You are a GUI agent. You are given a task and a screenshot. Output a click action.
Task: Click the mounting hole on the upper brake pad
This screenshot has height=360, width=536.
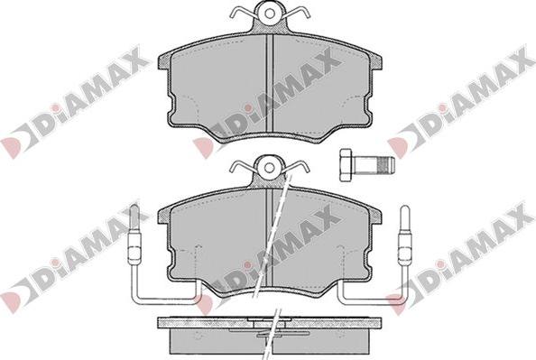(x=270, y=14)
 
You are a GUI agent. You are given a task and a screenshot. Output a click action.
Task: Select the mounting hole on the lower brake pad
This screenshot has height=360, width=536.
(x=270, y=168)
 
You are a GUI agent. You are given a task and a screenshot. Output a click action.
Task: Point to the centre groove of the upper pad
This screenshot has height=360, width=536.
(x=270, y=83)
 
